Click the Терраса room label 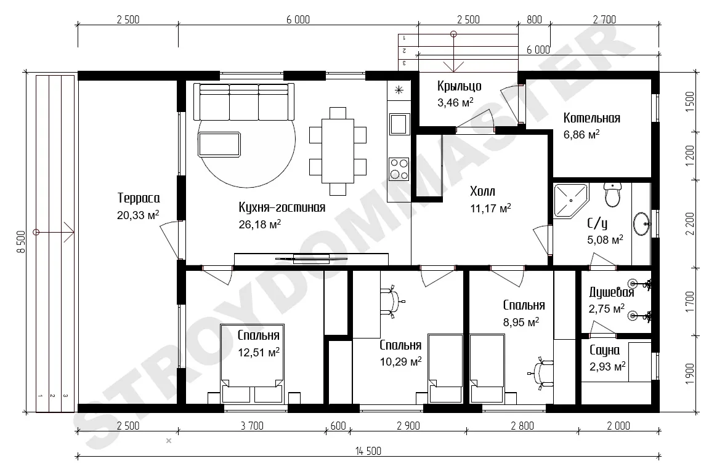[139, 198]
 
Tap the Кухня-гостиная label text [282, 207]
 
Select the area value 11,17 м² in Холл [490, 208]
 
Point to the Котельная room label [591, 118]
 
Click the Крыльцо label [459, 86]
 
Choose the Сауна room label [604, 350]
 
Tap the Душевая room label [611, 292]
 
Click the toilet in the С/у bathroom [613, 194]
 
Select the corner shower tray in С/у [570, 201]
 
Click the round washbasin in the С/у [642, 223]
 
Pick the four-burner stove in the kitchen [399, 169]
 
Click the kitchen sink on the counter [399, 124]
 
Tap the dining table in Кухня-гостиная [338, 151]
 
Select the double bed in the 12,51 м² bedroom [253, 363]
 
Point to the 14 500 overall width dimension [368, 451]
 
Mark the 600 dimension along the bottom [338, 426]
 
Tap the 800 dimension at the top [534, 20]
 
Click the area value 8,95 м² [521, 322]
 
